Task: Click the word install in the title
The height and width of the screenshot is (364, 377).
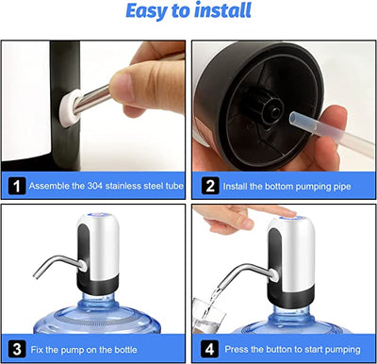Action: point(222,12)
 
